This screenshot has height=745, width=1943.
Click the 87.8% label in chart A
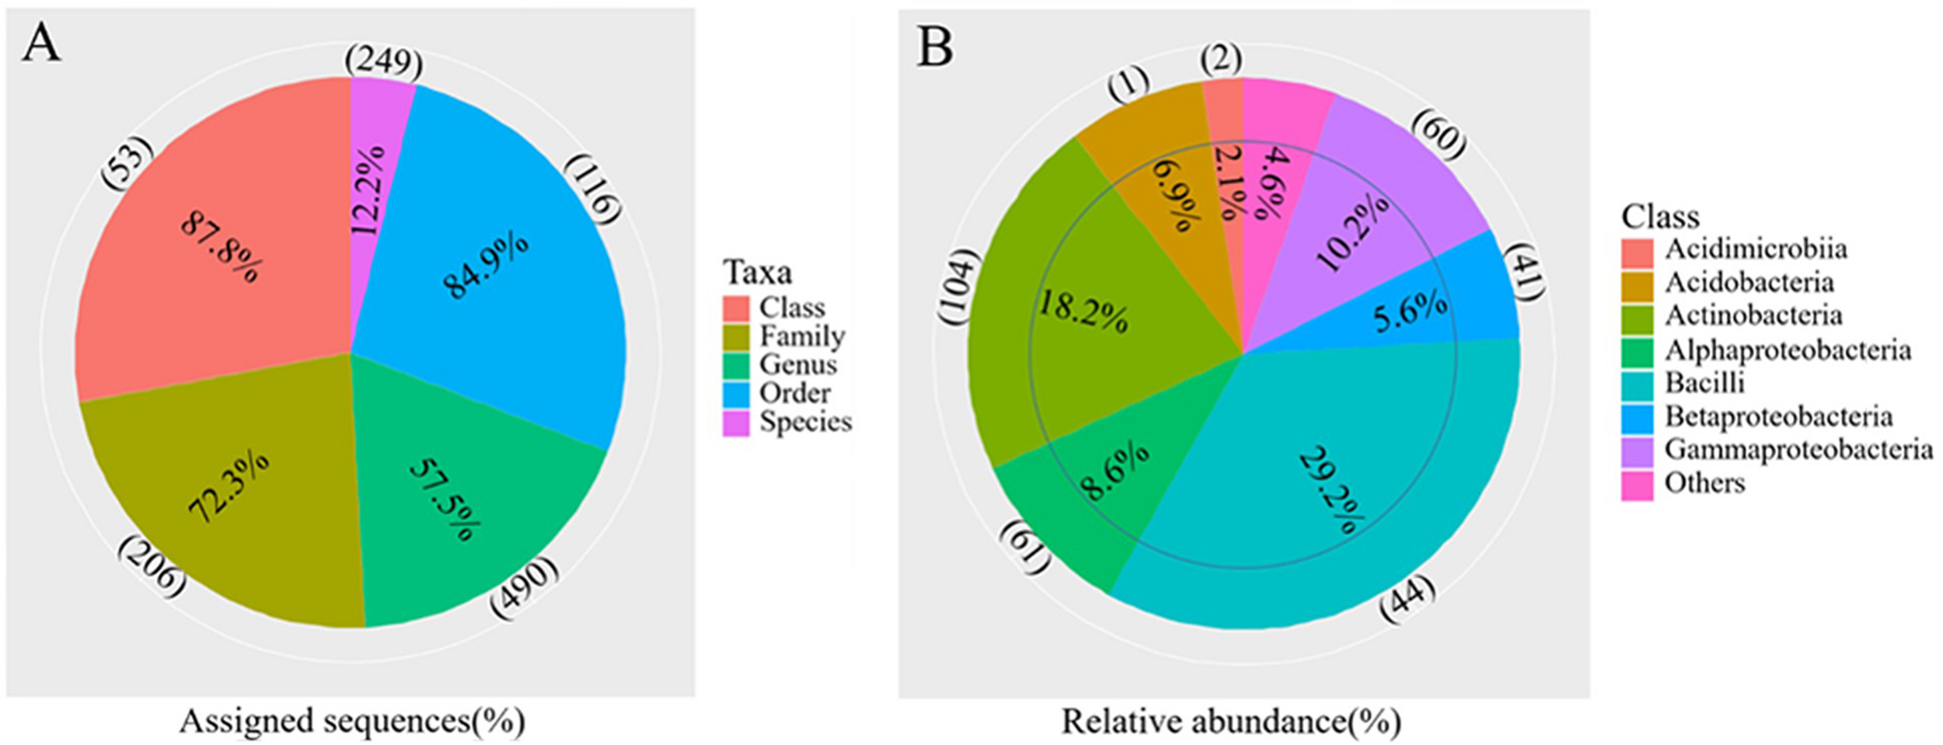click(x=222, y=248)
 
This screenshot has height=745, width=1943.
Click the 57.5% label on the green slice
click(x=444, y=500)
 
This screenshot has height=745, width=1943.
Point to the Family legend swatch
click(x=736, y=336)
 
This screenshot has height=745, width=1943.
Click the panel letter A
click(x=40, y=44)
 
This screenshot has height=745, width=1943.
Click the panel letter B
click(x=934, y=47)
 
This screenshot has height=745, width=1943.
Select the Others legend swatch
click(x=1637, y=484)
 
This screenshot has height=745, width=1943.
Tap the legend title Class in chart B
click(x=1660, y=216)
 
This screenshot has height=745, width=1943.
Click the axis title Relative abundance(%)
click(x=1231, y=721)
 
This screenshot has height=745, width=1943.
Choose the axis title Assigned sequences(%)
click(x=352, y=721)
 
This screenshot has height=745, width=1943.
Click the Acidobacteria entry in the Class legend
click(x=1749, y=282)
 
